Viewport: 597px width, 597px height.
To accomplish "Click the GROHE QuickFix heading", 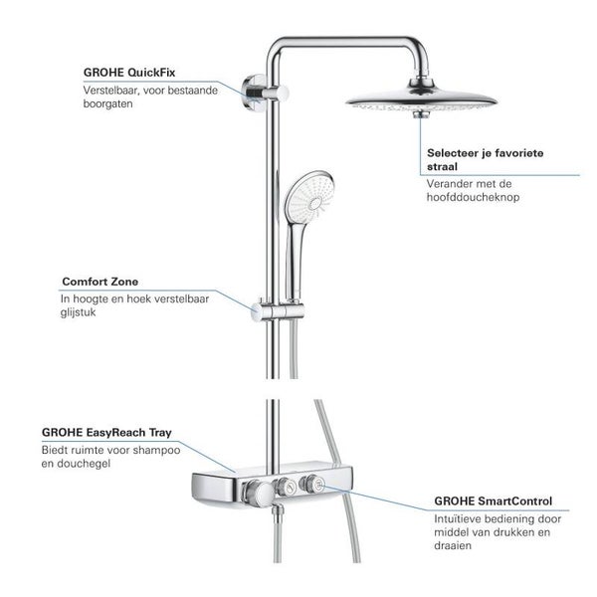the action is click(129, 73).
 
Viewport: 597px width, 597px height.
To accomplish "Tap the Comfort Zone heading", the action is click(100, 282).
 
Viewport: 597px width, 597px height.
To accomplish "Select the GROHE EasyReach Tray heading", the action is click(106, 433).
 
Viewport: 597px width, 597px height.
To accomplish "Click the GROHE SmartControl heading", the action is click(494, 501).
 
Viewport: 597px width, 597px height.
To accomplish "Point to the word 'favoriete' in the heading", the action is click(519, 153).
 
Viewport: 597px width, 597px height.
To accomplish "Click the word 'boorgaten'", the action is click(107, 103).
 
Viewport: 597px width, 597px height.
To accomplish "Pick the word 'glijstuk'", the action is click(78, 312).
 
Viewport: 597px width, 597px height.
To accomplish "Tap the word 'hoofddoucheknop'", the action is click(473, 197).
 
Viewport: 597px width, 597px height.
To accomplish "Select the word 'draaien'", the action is click(453, 545).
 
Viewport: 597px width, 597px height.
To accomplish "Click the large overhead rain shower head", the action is click(421, 99).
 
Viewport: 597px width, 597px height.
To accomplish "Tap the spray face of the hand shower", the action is click(309, 197).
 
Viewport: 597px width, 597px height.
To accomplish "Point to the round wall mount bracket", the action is click(253, 93).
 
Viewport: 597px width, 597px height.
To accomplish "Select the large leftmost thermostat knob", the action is click(260, 494).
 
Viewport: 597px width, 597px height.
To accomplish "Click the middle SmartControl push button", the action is click(287, 487).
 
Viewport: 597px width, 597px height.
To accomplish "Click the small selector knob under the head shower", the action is click(420, 113).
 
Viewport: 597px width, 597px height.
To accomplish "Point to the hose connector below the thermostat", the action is click(279, 511).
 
